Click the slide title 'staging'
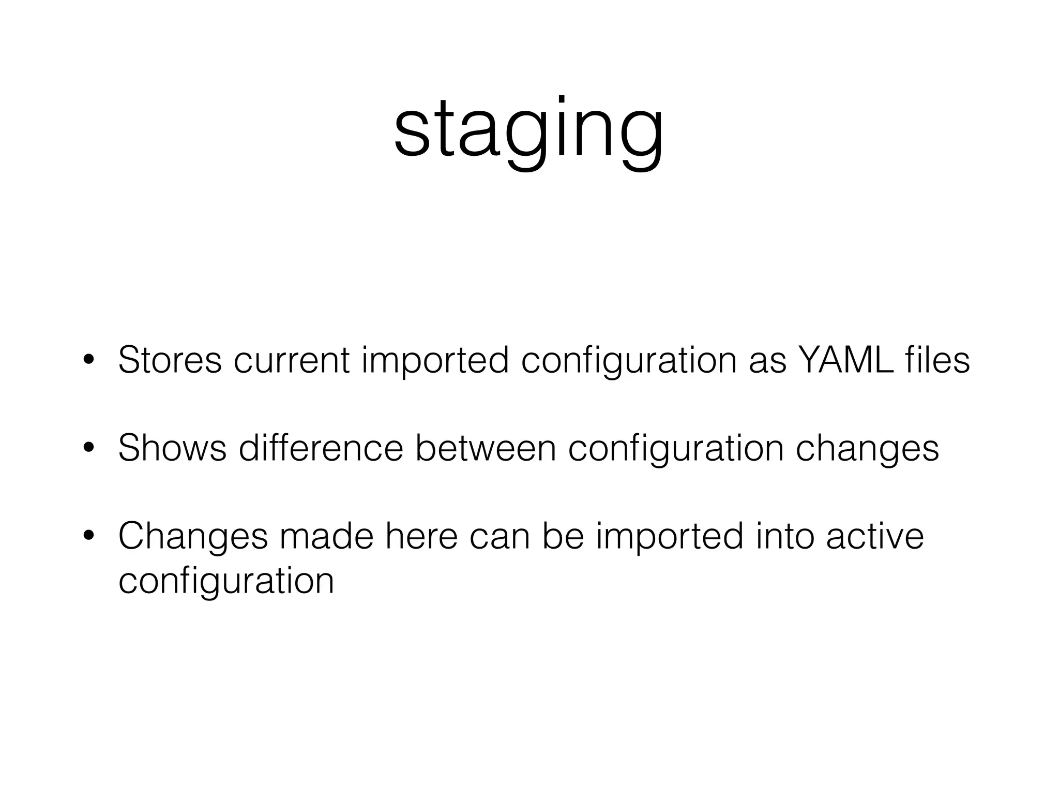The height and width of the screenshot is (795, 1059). point(528,129)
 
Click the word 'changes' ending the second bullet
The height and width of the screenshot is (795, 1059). point(867,449)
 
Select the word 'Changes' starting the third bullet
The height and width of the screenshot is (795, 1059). point(193,537)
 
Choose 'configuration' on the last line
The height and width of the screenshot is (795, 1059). point(226,581)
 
